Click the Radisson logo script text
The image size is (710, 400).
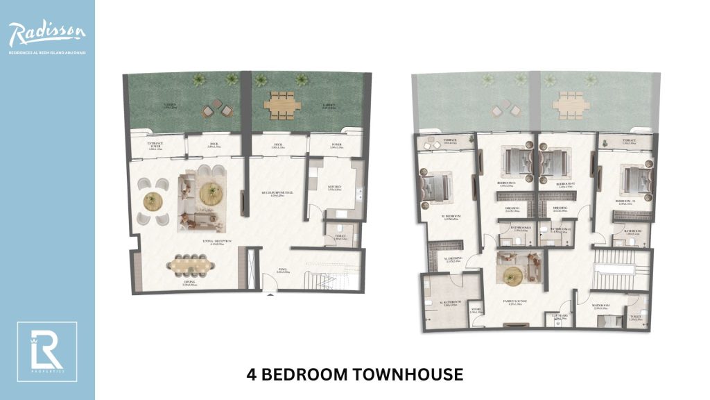[47, 32]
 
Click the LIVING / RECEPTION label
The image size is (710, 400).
[216, 242]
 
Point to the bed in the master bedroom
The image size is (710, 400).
[433, 186]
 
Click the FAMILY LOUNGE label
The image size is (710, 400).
[516, 302]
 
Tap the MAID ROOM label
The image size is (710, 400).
[600, 304]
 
